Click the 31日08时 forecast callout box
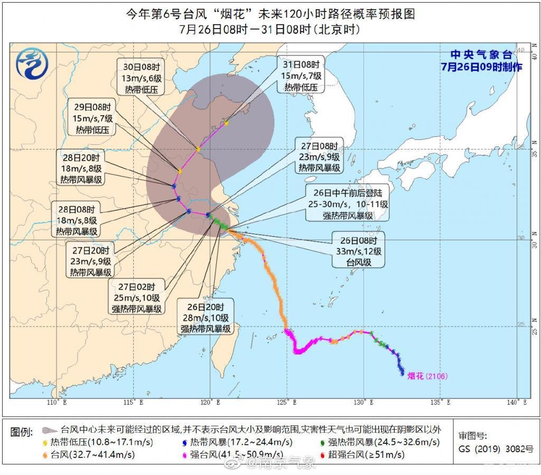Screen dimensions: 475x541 click(x=302, y=76)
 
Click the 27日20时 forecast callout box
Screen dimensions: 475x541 click(x=90, y=262)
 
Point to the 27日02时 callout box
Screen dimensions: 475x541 click(x=136, y=298)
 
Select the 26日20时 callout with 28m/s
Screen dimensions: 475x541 click(x=206, y=318)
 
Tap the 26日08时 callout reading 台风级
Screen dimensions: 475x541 click(x=358, y=250)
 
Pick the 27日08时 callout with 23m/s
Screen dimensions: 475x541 click(x=319, y=157)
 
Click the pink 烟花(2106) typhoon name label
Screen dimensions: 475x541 click(x=427, y=376)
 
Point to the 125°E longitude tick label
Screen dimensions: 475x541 click(x=288, y=403)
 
